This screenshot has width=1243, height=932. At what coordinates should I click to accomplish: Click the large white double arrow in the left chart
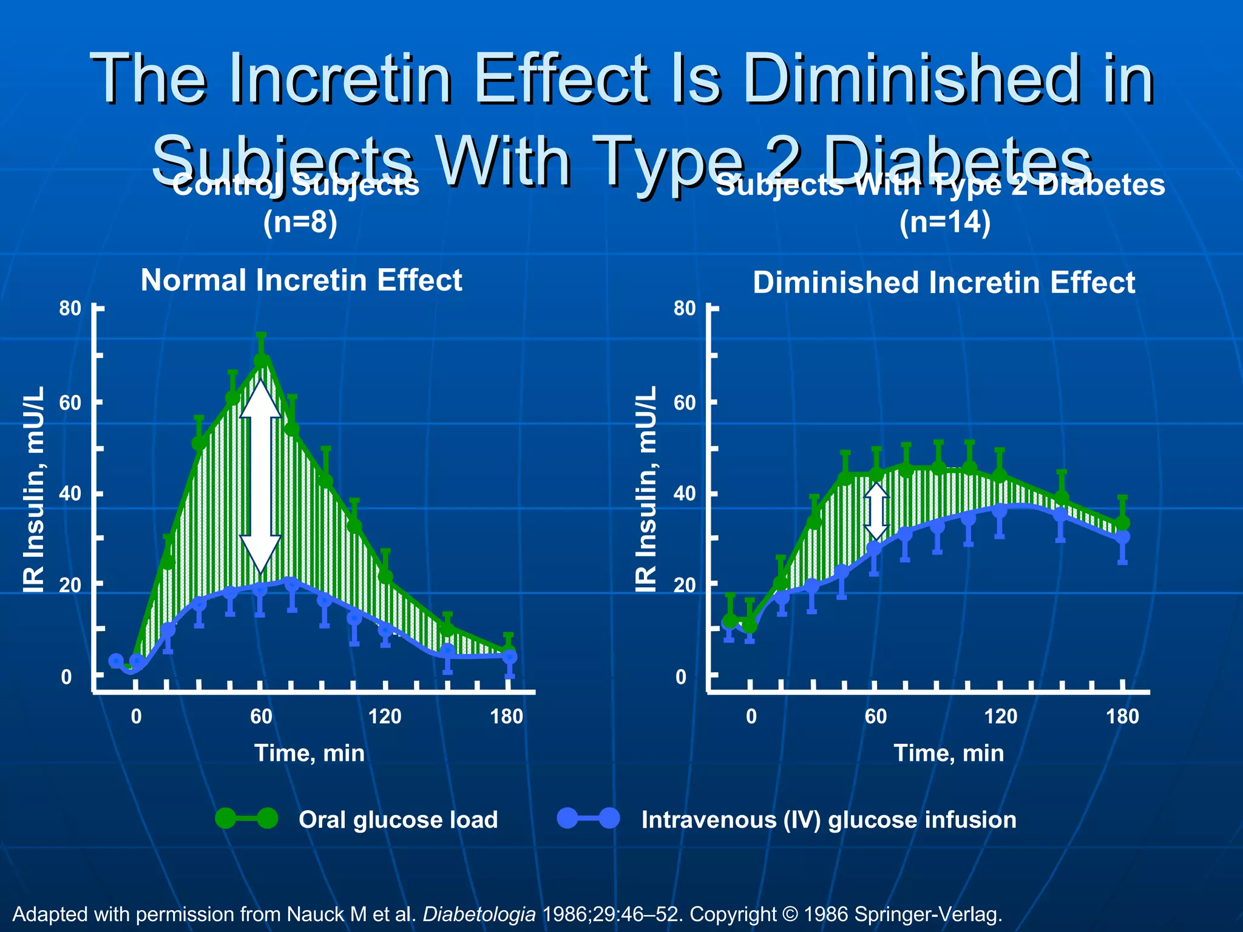click(x=260, y=476)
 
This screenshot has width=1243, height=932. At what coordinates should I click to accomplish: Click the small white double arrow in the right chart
click(x=876, y=511)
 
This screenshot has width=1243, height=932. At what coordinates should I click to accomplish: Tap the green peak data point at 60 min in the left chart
click(x=261, y=360)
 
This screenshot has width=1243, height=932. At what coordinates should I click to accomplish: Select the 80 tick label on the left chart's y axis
click(x=70, y=308)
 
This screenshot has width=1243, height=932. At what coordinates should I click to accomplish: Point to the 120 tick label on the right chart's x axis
click(x=1000, y=717)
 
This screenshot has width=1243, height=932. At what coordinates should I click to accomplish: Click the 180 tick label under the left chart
click(x=507, y=717)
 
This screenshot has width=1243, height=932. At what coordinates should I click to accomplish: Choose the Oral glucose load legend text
click(x=398, y=820)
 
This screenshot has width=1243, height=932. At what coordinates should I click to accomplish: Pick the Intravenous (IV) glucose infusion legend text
click(x=828, y=820)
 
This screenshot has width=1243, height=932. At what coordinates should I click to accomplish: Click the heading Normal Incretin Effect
click(x=302, y=280)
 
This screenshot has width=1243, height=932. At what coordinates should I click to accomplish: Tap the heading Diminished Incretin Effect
click(x=944, y=283)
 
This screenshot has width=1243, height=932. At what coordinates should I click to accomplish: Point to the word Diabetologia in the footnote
click(x=479, y=914)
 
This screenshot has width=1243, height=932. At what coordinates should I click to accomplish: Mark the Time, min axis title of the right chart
click(x=949, y=753)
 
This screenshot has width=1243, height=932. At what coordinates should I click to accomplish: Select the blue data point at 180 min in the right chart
click(x=1123, y=537)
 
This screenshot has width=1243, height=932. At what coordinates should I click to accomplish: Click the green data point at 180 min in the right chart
click(x=1123, y=522)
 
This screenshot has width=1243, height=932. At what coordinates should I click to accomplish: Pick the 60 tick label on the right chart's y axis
click(x=685, y=402)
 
